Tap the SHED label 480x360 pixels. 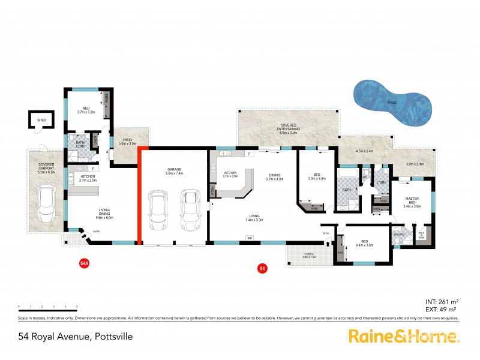(41, 121)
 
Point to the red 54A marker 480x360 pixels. (85, 263)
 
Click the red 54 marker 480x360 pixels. (262, 268)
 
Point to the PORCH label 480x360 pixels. (310, 255)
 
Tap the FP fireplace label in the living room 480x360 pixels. (250, 238)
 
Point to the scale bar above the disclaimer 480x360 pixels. (48, 308)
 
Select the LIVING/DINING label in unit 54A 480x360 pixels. (108, 212)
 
